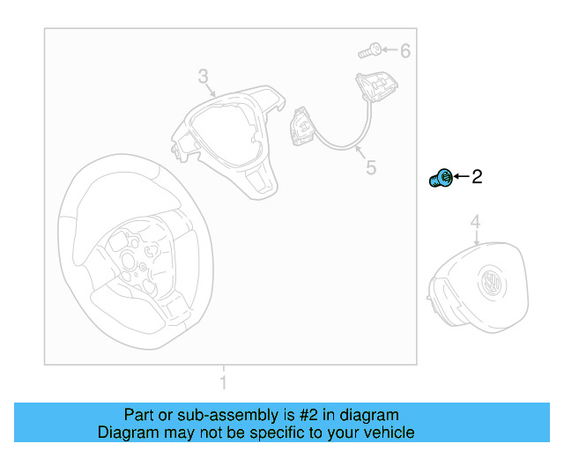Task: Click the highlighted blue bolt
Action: tap(441, 178)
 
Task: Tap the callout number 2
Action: tap(477, 176)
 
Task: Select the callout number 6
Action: tap(405, 51)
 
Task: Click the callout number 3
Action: tap(204, 77)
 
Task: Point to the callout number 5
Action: tap(371, 167)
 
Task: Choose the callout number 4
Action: tap(476, 222)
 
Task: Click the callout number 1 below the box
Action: tap(223, 382)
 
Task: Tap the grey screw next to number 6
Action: tap(370, 50)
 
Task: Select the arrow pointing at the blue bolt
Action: tap(462, 176)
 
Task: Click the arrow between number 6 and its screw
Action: tap(390, 49)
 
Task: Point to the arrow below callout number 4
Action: tap(477, 238)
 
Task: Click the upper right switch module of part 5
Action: tap(377, 86)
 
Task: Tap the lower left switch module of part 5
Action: tap(303, 125)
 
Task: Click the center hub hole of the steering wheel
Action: tap(128, 260)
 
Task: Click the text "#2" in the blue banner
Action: tap(308, 415)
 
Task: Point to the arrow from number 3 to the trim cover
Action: tap(210, 89)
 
